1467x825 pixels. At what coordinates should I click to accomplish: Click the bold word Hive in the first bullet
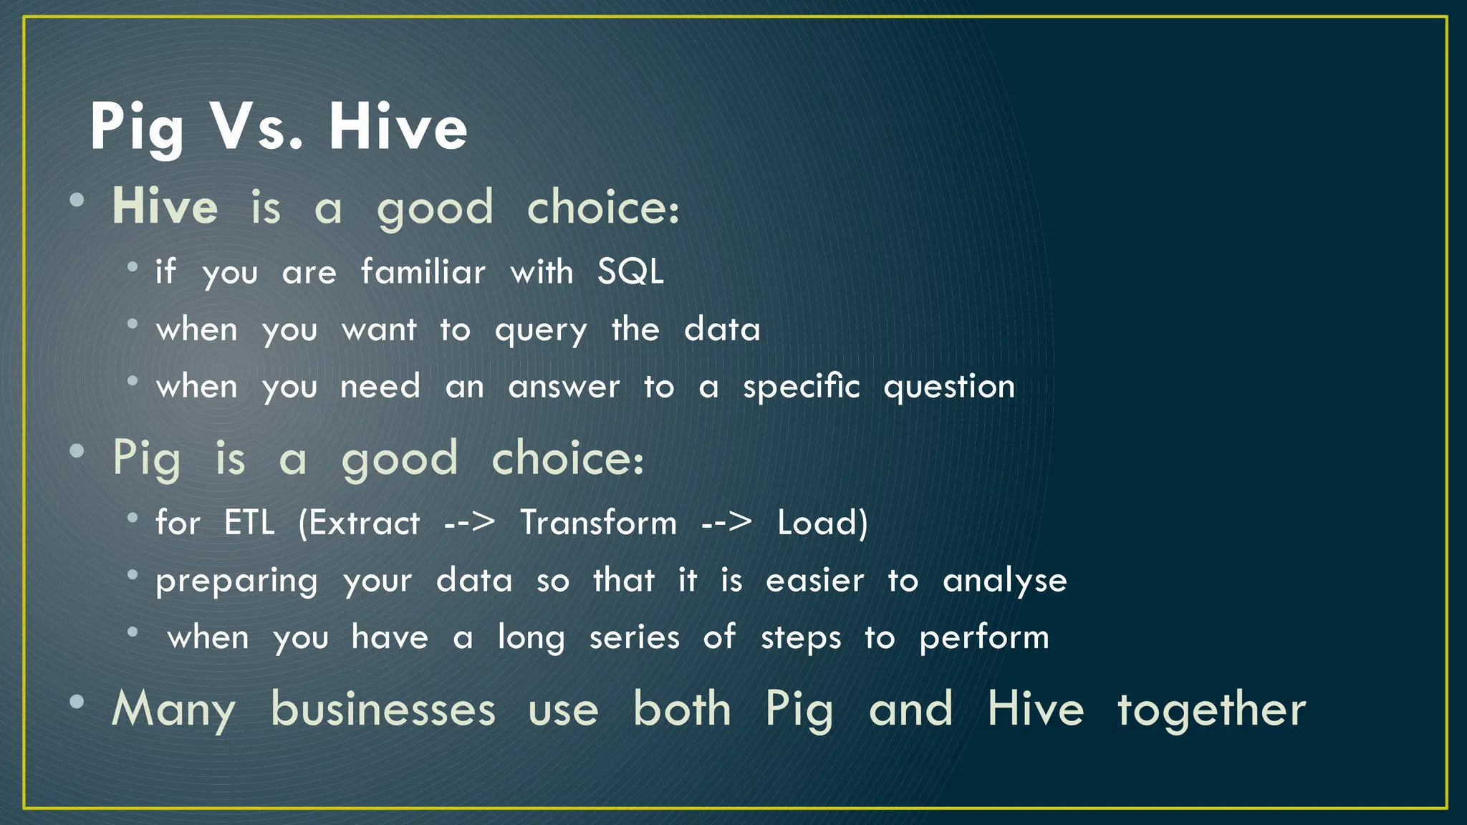[165, 207]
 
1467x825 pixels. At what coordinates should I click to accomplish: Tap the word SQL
[630, 272]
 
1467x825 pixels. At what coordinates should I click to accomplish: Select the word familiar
[423, 272]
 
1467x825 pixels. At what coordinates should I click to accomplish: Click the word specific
[801, 387]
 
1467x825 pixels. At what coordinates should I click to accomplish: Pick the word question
[949, 387]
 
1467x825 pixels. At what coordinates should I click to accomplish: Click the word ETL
[249, 523]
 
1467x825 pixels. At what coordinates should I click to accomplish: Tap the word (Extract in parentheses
[359, 523]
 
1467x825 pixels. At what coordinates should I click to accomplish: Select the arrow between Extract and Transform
[469, 523]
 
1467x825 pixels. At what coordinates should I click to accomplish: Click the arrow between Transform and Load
[726, 523]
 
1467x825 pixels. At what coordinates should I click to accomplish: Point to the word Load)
[822, 523]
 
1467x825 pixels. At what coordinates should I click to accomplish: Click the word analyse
[1004, 581]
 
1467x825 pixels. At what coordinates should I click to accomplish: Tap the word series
[634, 637]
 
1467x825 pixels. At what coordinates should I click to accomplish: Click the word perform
[983, 638]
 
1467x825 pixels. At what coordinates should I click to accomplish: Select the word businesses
[383, 710]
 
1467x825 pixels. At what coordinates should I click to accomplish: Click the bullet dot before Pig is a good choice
[77, 450]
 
